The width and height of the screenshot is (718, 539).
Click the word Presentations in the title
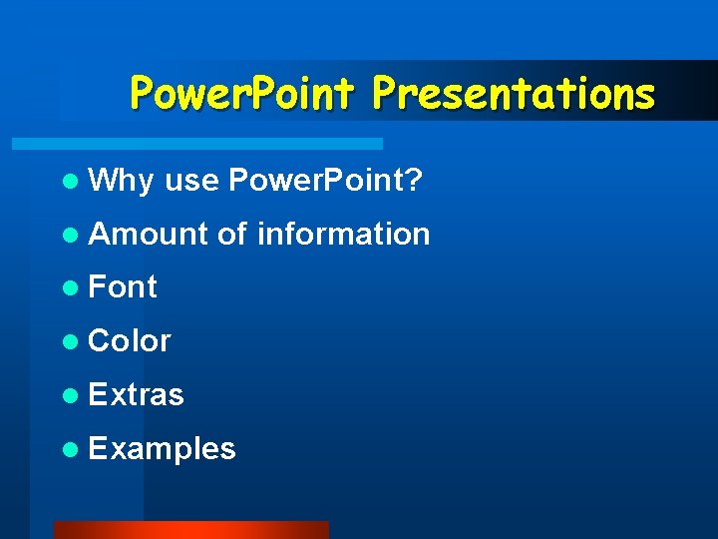click(514, 94)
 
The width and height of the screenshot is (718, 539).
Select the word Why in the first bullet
click(121, 181)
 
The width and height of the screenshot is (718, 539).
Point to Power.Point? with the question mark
click(325, 181)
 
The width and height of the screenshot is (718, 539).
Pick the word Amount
click(149, 235)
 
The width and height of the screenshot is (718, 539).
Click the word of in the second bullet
click(231, 235)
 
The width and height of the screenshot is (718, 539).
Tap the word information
click(343, 235)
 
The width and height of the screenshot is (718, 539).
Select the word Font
click(123, 287)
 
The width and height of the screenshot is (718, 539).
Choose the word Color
click(130, 341)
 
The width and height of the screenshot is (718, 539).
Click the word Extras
click(136, 395)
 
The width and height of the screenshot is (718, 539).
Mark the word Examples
click(162, 449)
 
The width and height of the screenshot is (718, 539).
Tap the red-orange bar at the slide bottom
click(190, 529)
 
